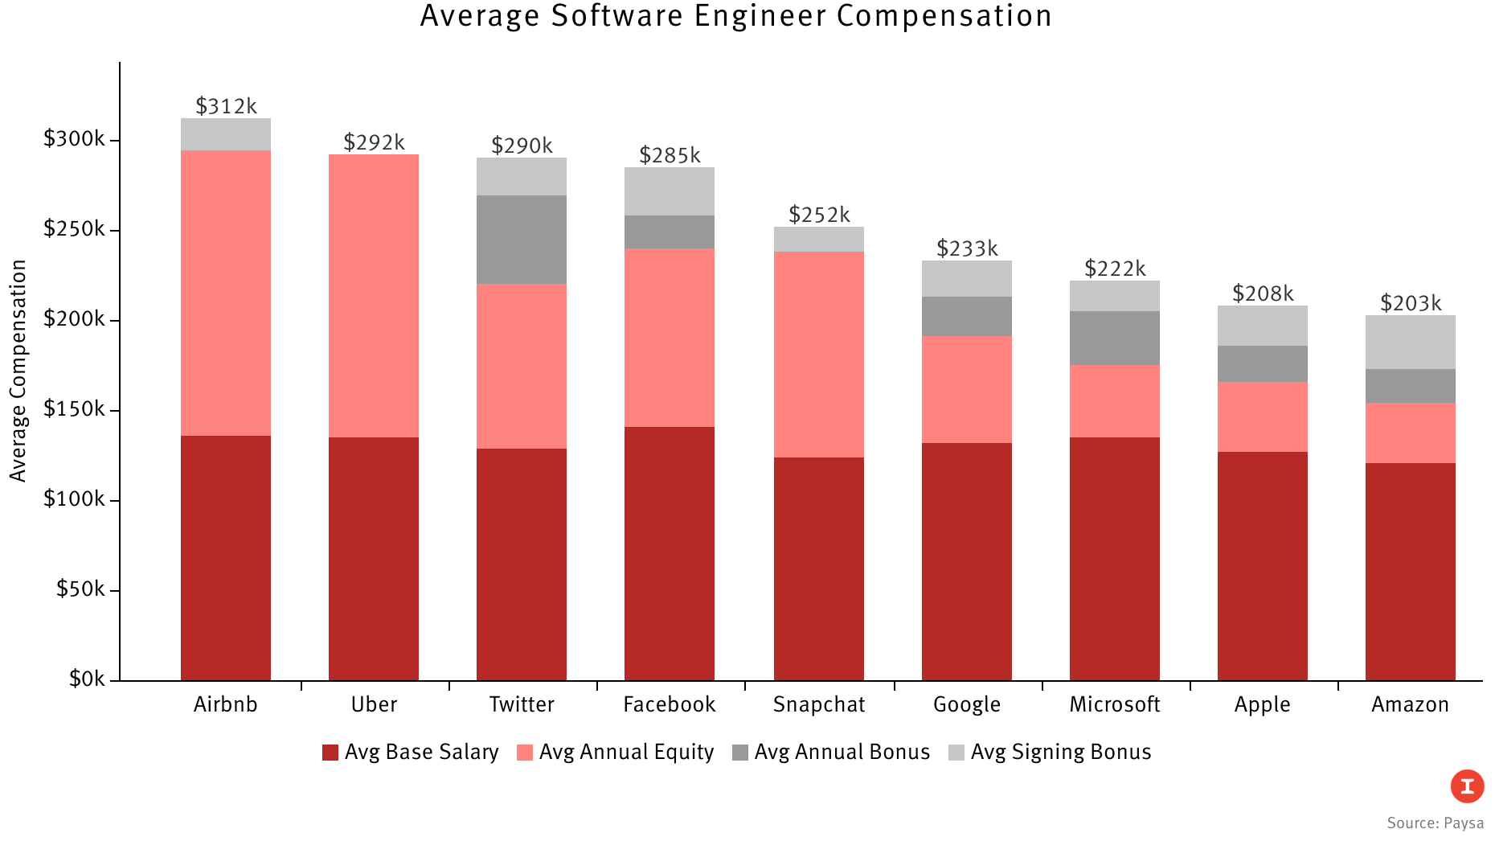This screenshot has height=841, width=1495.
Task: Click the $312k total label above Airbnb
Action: click(x=226, y=106)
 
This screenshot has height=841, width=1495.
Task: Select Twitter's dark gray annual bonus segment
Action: click(x=521, y=240)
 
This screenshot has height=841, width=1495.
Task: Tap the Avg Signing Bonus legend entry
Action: click(x=1051, y=753)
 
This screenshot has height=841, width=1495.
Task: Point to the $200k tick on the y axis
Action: click(x=74, y=320)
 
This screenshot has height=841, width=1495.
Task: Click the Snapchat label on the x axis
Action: click(x=819, y=705)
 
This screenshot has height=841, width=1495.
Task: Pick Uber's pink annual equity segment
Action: click(x=374, y=296)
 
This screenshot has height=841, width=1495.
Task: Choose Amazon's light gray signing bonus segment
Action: click(x=1410, y=343)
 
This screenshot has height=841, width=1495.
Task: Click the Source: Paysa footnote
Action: click(x=1435, y=823)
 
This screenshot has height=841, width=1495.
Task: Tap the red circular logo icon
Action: click(x=1467, y=786)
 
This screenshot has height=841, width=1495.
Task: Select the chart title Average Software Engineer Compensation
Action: click(x=735, y=16)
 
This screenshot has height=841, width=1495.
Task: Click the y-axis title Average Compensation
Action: click(x=18, y=371)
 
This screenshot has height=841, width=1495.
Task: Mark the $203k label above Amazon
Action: click(x=1410, y=303)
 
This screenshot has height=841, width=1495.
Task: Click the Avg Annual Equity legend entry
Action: click(x=616, y=753)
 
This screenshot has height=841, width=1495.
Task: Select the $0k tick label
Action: click(x=87, y=679)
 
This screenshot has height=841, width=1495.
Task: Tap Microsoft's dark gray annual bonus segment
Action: click(x=1114, y=338)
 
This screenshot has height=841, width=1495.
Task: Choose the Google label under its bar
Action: click(x=966, y=705)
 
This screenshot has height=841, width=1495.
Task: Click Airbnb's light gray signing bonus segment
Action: click(x=226, y=134)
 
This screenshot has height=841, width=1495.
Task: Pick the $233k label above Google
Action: click(x=966, y=248)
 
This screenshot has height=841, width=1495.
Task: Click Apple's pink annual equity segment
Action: click(x=1262, y=416)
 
